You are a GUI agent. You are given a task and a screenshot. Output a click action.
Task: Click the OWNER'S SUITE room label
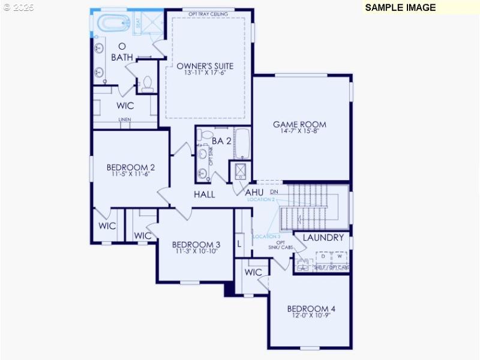(205, 66)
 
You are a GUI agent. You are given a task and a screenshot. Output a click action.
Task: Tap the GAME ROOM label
(299, 125)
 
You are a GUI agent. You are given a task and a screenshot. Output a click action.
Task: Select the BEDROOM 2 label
(131, 167)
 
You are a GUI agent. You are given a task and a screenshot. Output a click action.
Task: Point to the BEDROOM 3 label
(196, 245)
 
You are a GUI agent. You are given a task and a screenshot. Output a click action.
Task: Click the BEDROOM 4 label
(311, 309)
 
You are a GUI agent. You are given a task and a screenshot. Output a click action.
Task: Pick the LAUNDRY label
(323, 238)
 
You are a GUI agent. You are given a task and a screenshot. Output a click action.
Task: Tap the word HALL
(204, 194)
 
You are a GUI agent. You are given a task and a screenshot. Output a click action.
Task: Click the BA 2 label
(221, 141)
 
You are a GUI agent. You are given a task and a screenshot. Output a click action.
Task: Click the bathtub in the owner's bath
(113, 24)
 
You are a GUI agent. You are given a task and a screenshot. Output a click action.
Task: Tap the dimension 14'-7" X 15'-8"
(299, 131)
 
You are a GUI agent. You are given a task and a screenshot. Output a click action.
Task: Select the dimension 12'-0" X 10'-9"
(311, 316)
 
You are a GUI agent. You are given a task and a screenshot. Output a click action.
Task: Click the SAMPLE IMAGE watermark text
(400, 7)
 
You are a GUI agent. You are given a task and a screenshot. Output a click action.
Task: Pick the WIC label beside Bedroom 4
(253, 272)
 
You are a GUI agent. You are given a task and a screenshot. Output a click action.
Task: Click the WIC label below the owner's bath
(125, 106)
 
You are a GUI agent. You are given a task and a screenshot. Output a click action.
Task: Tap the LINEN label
(124, 119)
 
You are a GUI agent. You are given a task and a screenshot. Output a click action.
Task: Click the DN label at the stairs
(274, 192)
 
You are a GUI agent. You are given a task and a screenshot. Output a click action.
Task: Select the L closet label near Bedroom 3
(239, 244)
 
